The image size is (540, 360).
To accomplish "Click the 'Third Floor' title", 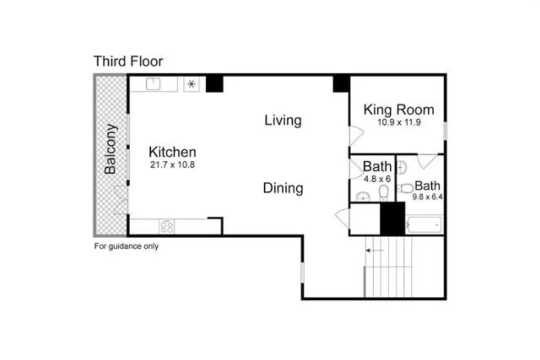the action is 128,61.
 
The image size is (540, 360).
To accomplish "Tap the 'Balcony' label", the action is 111,149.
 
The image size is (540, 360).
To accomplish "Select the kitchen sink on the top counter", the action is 153,84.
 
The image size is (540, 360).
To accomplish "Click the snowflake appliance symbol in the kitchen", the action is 191,84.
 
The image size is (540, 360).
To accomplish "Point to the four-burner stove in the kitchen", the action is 167,227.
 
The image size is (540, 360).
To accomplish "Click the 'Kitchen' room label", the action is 172,152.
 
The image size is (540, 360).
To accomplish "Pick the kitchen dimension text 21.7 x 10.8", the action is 172,165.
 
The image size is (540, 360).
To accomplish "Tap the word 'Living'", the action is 283,121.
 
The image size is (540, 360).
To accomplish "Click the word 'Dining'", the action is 283,188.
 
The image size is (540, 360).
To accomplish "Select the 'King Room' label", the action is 399,110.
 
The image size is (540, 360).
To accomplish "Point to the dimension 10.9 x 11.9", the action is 399,122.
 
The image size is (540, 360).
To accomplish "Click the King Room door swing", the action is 356,136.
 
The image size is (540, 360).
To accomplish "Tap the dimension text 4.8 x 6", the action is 378,179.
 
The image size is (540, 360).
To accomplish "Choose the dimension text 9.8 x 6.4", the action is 427,197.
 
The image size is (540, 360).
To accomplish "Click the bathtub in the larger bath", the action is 424,225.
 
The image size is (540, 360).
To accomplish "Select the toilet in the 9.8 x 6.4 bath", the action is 406,189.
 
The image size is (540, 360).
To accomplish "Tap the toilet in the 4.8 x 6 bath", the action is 384,192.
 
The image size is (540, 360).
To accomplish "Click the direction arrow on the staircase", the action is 375,250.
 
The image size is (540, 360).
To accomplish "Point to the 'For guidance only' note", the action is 127,246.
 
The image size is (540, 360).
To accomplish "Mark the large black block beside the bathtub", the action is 392,219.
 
